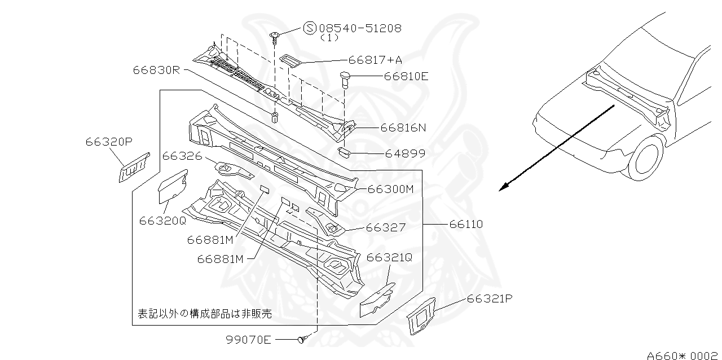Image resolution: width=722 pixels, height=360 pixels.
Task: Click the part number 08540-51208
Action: point(360,28)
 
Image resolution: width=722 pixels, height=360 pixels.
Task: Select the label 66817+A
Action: point(375,59)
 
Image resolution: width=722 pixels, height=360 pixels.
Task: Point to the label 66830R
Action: point(156,70)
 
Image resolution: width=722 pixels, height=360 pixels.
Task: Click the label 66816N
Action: point(403,128)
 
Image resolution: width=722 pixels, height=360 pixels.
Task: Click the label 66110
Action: point(466,224)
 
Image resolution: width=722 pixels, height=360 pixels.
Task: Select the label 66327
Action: point(385,227)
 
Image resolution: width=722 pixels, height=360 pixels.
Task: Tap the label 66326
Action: point(182,155)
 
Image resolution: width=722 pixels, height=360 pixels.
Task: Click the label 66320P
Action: point(109,142)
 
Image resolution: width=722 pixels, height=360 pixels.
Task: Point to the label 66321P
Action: point(489,298)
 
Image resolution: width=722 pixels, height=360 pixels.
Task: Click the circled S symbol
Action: point(310,28)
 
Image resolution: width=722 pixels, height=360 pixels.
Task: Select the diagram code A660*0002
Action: point(683,355)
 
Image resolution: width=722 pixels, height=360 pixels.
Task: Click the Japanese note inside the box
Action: point(205,313)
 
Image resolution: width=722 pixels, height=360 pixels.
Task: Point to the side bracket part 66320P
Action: point(134,167)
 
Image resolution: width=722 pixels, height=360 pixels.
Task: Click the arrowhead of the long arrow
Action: point(504,188)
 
